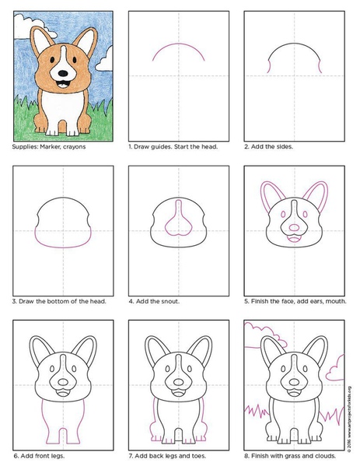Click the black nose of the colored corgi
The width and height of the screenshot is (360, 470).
tap(63, 73)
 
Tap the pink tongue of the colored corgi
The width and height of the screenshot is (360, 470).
tap(63, 86)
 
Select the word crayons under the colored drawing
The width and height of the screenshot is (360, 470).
tap(75, 147)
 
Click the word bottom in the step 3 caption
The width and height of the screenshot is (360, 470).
tap(58, 301)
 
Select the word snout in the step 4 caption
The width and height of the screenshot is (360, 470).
tap(170, 301)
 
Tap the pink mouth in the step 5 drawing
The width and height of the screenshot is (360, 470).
tap(294, 239)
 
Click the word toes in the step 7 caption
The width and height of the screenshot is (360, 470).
tap(198, 456)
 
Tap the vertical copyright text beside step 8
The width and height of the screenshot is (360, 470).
tap(350, 419)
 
